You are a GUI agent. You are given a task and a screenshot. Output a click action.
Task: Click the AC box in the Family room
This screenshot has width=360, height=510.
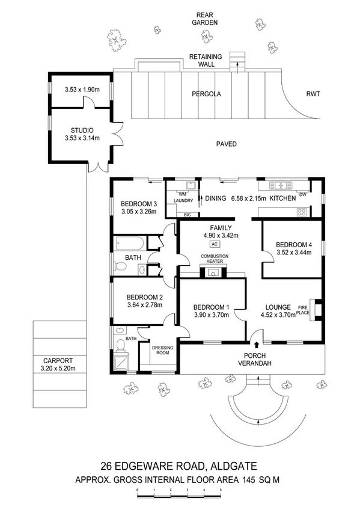point(214,244)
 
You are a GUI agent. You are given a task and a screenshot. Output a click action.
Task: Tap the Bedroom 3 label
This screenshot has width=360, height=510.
point(139,204)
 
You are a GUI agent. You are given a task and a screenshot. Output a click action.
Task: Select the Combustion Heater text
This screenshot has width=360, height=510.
point(215,259)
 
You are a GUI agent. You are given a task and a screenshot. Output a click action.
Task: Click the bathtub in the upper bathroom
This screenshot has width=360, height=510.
point(130,244)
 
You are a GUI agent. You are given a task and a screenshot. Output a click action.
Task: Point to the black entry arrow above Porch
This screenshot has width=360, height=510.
point(257,345)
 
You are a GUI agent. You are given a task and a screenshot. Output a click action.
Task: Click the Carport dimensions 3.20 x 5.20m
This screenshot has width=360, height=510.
point(58,369)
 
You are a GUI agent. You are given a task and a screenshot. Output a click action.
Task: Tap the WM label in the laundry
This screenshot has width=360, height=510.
point(182,194)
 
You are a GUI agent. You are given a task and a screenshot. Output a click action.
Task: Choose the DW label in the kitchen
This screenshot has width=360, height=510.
point(302,195)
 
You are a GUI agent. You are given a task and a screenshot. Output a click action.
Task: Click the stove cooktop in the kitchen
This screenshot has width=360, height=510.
point(302,212)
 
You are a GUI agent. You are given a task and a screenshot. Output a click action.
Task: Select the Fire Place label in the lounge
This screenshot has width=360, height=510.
point(303,310)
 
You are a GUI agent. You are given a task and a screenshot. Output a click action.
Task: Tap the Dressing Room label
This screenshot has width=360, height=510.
point(162,350)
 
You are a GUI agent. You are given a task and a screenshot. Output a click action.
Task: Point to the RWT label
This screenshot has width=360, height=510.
point(313,94)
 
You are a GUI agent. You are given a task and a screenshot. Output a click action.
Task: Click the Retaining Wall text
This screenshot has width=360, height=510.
point(206,61)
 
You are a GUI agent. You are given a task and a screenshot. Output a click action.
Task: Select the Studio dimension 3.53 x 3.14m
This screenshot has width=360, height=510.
point(82,138)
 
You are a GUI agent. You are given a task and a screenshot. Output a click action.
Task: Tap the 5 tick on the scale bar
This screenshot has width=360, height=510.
point(221,490)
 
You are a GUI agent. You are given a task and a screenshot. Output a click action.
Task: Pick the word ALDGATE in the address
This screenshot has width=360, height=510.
point(234,466)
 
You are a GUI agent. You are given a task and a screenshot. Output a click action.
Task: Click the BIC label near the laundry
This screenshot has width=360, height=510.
point(187,215)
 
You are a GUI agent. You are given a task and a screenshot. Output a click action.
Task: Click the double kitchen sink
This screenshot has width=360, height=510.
point(279,185)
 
